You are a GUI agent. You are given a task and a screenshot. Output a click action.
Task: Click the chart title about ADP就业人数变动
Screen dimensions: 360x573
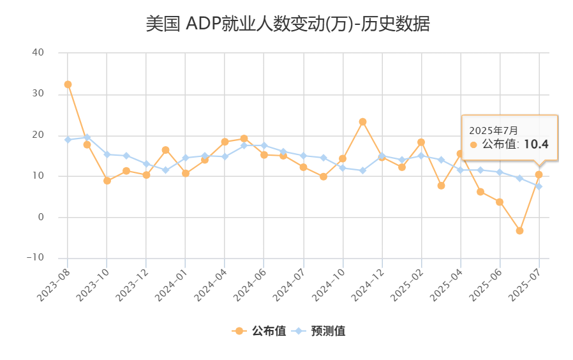click(x=288, y=24)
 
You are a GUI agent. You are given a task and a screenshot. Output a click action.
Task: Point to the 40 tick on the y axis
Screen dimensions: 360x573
click(x=38, y=53)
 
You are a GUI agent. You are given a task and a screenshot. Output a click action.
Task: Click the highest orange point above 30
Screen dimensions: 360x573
click(x=68, y=84)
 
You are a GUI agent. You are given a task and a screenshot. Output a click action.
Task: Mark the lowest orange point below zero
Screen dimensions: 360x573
click(x=519, y=230)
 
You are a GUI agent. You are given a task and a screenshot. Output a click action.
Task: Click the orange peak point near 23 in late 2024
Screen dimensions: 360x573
click(x=362, y=121)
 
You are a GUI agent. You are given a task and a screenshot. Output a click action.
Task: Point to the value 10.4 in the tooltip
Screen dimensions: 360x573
click(x=536, y=144)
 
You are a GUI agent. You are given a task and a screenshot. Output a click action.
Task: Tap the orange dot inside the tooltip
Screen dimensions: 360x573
click(x=473, y=145)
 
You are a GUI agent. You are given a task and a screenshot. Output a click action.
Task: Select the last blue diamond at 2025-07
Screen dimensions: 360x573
click(x=539, y=186)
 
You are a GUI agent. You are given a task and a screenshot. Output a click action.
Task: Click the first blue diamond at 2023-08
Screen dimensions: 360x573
click(x=68, y=139)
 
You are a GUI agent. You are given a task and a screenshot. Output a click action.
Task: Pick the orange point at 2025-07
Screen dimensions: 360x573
click(x=539, y=174)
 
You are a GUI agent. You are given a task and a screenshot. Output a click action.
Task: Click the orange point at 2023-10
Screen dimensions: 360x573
click(x=107, y=181)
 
